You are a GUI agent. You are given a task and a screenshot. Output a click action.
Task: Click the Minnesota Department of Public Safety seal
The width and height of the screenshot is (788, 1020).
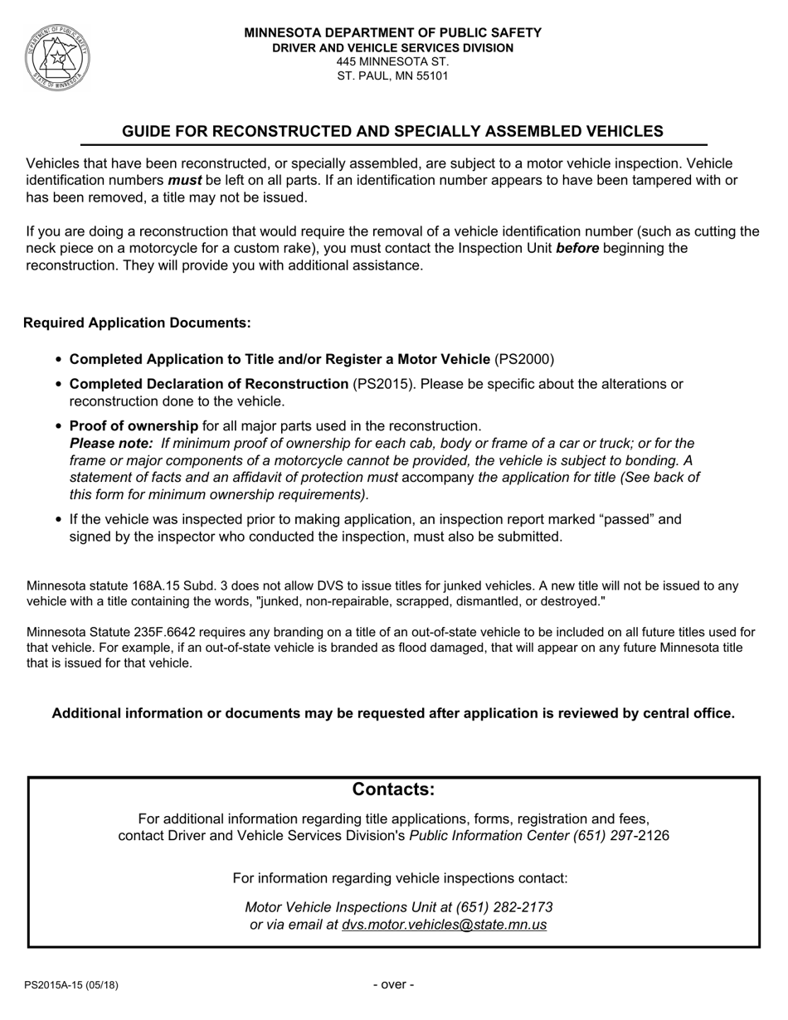pyautogui.click(x=57, y=57)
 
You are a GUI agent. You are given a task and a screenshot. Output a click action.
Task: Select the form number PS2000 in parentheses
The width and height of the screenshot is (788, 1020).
pyautogui.click(x=524, y=359)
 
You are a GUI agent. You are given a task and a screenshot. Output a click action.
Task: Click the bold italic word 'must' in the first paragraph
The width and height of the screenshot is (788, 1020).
pyautogui.click(x=184, y=180)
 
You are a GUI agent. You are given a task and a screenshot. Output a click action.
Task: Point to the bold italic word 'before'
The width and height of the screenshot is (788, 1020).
pyautogui.click(x=577, y=248)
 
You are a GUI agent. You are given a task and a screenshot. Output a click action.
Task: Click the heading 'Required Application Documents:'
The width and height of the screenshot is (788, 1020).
pyautogui.click(x=137, y=323)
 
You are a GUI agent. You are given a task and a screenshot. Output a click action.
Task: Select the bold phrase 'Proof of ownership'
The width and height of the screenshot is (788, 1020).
pyautogui.click(x=134, y=426)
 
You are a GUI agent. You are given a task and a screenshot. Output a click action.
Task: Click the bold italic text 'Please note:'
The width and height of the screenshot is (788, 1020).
pyautogui.click(x=111, y=444)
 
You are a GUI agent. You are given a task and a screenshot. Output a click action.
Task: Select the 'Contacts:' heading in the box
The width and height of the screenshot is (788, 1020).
pyautogui.click(x=393, y=789)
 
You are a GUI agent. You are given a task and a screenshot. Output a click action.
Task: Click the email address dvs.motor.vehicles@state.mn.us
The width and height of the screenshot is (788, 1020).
pyautogui.click(x=444, y=925)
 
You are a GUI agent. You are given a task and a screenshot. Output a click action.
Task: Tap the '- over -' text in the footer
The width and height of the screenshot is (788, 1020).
pyautogui.click(x=393, y=985)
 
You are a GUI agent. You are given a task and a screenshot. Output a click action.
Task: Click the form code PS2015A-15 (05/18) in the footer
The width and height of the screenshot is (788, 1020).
pyautogui.click(x=71, y=985)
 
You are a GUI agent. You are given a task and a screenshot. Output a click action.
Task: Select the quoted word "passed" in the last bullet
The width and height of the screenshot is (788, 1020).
pyautogui.click(x=602, y=519)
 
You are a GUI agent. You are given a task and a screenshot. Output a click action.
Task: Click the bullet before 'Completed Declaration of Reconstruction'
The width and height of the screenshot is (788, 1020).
pyautogui.click(x=58, y=385)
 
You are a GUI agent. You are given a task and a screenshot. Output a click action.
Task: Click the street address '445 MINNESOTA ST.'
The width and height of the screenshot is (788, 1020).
pyautogui.click(x=392, y=61)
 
